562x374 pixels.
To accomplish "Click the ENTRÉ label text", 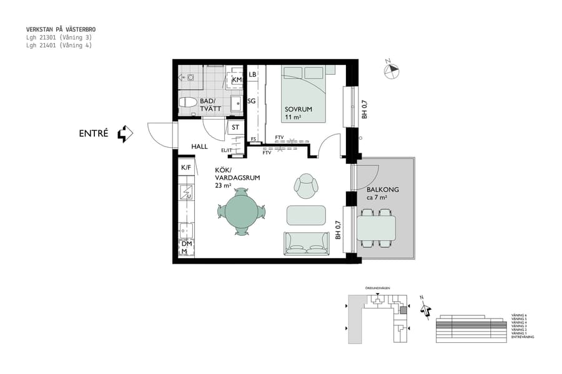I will click(x=94, y=133).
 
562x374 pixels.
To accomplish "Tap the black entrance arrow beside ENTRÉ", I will click(x=126, y=133).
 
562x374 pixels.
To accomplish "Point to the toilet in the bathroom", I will click(x=188, y=102).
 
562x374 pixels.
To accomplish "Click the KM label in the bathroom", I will click(x=237, y=80).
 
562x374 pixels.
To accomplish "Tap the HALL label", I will click(x=200, y=146).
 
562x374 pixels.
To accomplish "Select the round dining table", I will click(x=242, y=213).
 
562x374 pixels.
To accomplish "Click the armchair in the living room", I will click(x=306, y=185).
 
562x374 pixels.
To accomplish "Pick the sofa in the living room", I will click(x=306, y=243).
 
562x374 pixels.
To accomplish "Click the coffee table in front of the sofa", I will click(x=306, y=215).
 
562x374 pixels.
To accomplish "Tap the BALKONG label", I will click(x=382, y=189).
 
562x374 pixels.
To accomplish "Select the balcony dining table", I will click(x=376, y=228).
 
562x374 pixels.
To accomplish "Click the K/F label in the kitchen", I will click(x=186, y=168).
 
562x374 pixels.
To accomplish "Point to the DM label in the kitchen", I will click(x=186, y=244).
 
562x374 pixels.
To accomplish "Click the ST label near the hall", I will click(x=235, y=128).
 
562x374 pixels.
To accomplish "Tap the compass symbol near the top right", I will click(x=392, y=70).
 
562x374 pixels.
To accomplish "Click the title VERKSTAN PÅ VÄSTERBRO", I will click(x=61, y=29).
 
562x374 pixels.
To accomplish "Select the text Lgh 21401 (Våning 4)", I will click(x=59, y=46).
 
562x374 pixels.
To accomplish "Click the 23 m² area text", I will click(x=224, y=186).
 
